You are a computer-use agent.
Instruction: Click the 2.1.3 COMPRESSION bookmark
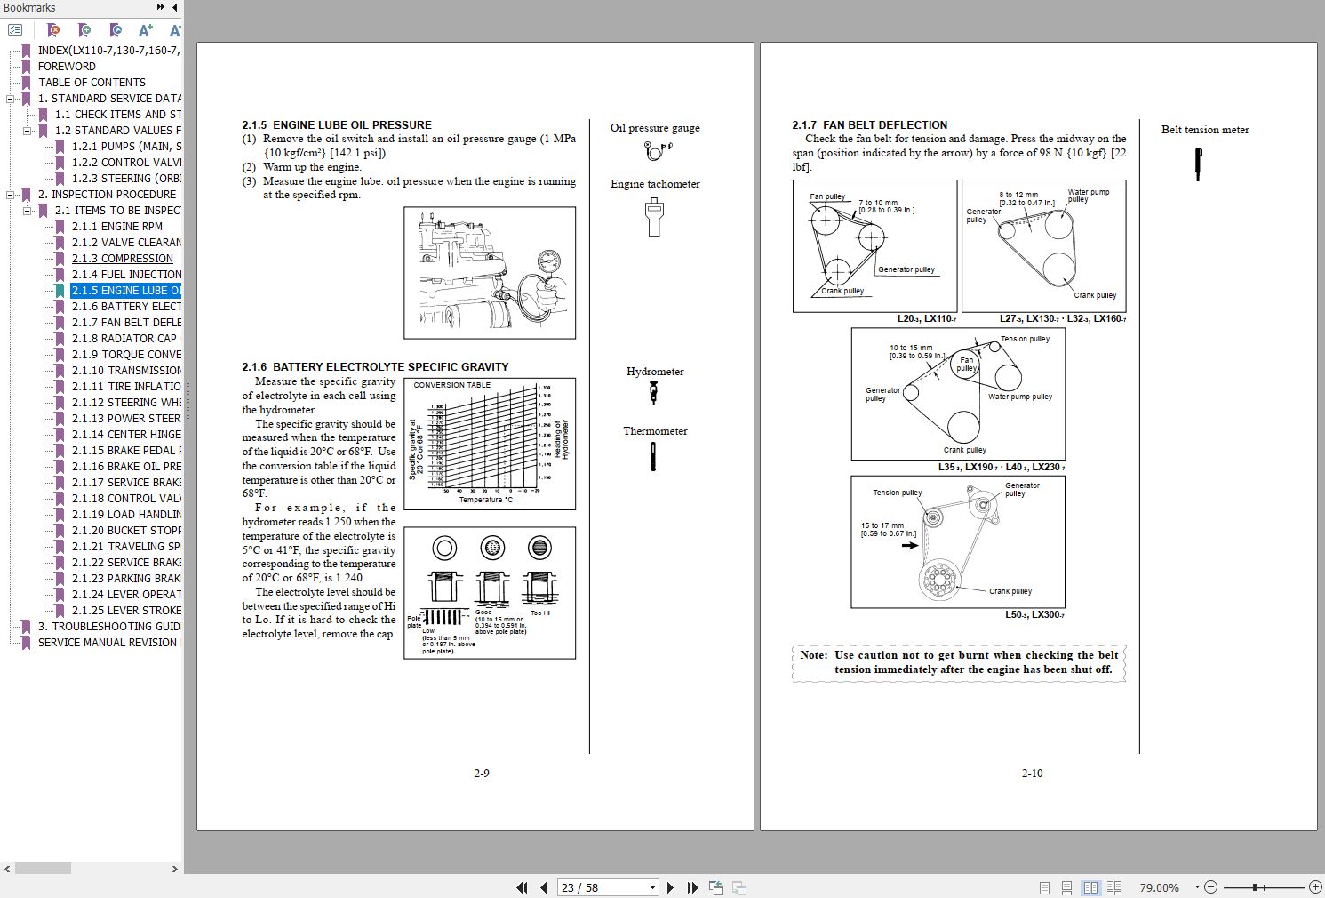point(123,258)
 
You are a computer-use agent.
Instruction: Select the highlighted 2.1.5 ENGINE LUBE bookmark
point(125,290)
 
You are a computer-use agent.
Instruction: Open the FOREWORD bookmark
point(67,66)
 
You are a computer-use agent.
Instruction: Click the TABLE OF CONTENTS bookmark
point(92,82)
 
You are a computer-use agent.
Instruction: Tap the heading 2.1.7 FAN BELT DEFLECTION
point(869,125)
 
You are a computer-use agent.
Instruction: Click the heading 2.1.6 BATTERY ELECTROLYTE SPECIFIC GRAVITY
point(375,366)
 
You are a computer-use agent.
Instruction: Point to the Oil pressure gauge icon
point(656,150)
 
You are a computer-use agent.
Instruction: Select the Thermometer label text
point(655,431)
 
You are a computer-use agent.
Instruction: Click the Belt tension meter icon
point(1198,164)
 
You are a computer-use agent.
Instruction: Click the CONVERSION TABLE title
point(451,385)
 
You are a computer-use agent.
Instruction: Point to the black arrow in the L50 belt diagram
point(909,545)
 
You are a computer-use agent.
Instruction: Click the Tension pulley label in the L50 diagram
point(897,493)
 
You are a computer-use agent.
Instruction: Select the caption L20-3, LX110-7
point(926,318)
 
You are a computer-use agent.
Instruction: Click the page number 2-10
point(1032,774)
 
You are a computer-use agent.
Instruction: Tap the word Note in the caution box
point(813,655)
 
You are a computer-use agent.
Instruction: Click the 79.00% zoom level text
point(1159,887)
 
